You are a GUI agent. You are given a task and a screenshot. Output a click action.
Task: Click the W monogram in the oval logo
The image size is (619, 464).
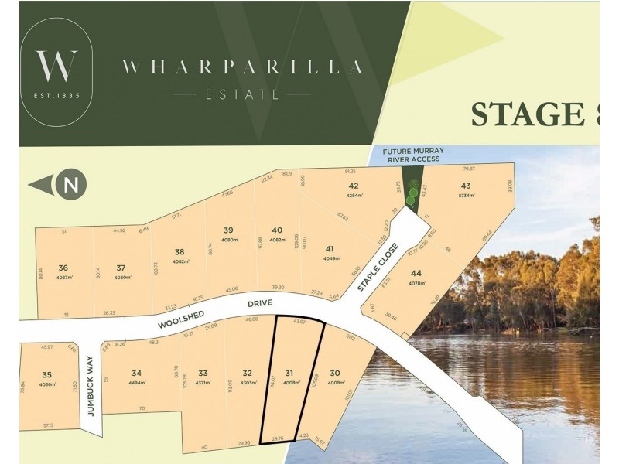point(56,66)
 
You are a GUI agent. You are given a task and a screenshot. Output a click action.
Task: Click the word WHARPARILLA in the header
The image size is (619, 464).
point(241,67)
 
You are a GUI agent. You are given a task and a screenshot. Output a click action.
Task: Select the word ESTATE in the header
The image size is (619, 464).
point(241,94)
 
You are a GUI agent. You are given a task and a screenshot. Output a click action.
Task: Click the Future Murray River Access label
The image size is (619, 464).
point(412,155)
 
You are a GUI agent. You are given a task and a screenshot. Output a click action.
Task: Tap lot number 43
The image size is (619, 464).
point(466,186)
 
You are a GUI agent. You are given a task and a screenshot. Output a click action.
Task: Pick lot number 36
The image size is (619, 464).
point(63,268)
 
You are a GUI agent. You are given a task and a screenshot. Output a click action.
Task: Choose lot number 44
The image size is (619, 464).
point(416,273)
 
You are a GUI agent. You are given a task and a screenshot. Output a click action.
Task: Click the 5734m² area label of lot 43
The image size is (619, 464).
point(466,196)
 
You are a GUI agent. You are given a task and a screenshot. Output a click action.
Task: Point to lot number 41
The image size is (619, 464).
point(330,248)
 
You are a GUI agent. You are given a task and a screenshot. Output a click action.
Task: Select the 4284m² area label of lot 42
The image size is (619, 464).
point(354,196)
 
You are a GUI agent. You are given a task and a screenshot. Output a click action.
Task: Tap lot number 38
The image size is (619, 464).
point(180,251)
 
